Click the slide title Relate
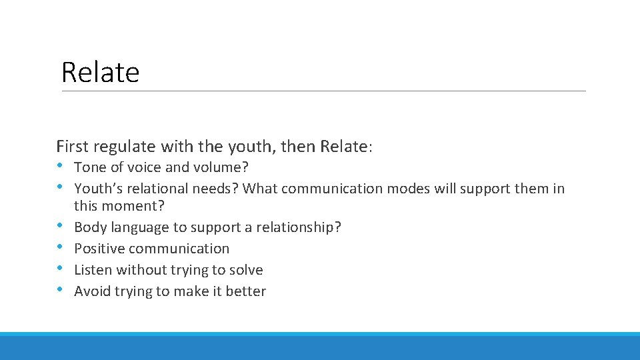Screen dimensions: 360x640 (100, 72)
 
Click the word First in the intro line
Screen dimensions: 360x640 (73, 146)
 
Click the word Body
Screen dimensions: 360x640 (89, 227)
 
